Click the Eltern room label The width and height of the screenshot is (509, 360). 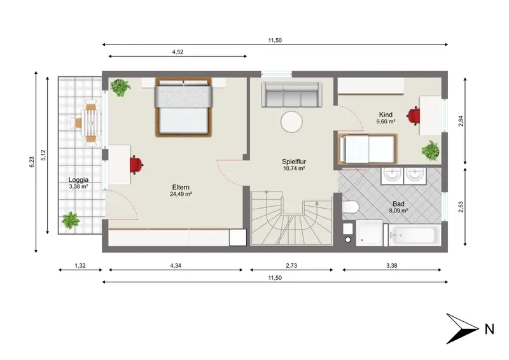point(181,187)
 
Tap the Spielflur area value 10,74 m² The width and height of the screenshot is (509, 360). point(294,169)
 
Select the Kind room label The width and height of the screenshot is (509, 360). point(386,114)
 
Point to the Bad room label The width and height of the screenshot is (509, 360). point(398,204)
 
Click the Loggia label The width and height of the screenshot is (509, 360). point(78,179)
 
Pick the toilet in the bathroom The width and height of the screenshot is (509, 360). point(350,206)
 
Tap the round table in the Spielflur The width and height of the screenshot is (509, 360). point(291,121)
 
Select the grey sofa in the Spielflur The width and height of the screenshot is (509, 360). point(292,94)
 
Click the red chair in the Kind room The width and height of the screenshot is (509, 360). point(414,116)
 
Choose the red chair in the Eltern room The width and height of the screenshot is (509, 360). point(136,165)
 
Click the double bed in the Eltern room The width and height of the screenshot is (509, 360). point(183,107)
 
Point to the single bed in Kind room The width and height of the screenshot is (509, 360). point(368,149)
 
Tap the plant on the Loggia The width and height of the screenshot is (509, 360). point(71,221)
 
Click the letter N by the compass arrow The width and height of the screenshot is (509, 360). point(489,329)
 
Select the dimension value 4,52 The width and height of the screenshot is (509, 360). point(178,52)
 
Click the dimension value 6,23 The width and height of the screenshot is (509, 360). point(31,162)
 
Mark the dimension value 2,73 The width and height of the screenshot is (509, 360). point(291,265)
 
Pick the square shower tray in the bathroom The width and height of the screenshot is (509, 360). point(369,233)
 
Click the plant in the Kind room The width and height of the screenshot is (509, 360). point(431,151)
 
